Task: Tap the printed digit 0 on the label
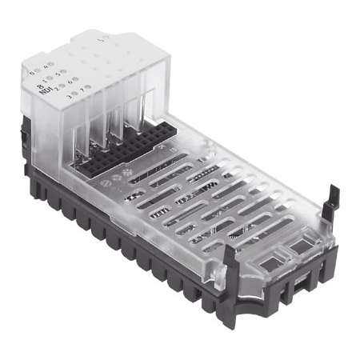pyautogui.click(x=30, y=73)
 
